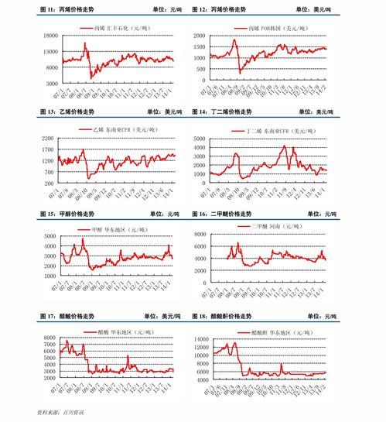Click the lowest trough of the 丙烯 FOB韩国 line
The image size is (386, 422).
point(240,71)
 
